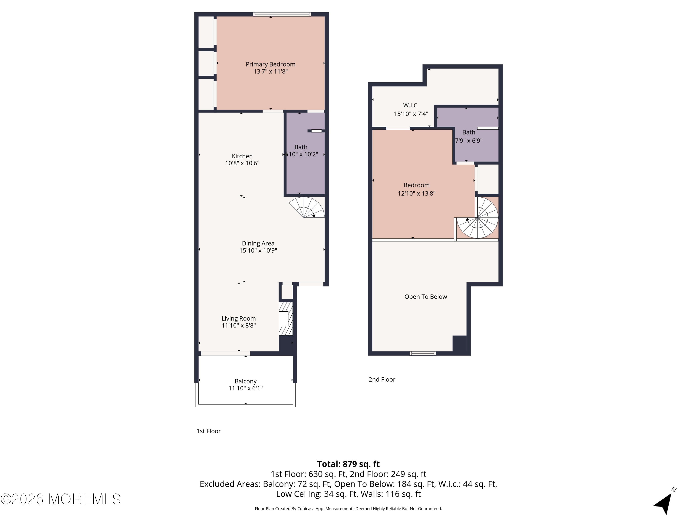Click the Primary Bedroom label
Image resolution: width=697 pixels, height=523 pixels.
tap(270, 64)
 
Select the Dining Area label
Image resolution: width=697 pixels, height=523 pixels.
tap(258, 243)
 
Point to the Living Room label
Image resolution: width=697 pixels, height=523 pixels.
tap(239, 319)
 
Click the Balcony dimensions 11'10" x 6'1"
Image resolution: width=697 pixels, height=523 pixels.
tap(246, 388)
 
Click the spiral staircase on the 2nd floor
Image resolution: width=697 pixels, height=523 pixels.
tap(477, 218)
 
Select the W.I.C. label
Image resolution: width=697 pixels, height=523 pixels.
tap(411, 105)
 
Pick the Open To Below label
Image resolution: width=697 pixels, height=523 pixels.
tap(426, 297)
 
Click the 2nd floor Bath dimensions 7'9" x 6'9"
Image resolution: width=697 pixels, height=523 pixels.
tap(469, 141)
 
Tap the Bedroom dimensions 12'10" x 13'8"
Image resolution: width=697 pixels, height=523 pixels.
tap(417, 193)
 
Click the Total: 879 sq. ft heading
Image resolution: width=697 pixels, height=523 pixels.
tap(348, 464)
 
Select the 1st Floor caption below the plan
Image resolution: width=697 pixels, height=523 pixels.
tap(209, 431)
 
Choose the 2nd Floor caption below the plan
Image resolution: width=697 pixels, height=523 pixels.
tap(382, 380)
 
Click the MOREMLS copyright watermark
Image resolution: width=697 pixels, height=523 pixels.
tap(60, 499)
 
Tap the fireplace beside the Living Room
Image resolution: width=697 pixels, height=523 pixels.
tap(286, 319)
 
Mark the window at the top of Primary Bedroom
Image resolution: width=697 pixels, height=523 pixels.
tap(282, 14)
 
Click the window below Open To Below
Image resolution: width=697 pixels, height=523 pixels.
tap(423, 353)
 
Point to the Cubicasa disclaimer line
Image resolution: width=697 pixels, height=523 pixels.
tap(348, 509)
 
